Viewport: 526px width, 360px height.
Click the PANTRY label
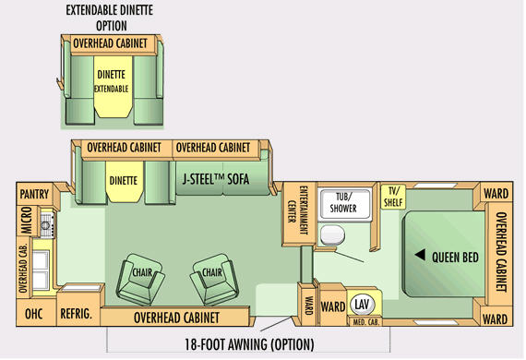(x=34, y=194)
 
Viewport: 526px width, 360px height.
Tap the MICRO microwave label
(x=27, y=220)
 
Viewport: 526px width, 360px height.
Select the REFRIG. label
(x=76, y=314)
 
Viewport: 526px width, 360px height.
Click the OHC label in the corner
(x=33, y=314)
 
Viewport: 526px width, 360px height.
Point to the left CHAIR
(x=140, y=279)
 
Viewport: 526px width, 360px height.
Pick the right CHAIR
(x=215, y=279)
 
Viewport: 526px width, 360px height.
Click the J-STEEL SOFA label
(x=216, y=179)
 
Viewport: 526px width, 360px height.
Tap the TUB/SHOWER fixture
(x=345, y=203)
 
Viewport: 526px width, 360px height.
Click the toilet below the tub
(x=332, y=234)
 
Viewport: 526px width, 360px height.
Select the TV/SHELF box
(x=393, y=197)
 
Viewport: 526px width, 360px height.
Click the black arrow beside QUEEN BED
(x=420, y=255)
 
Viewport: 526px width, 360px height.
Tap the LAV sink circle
(x=362, y=305)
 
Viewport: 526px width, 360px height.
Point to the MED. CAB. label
(x=365, y=322)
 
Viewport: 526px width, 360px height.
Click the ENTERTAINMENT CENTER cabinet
(x=299, y=214)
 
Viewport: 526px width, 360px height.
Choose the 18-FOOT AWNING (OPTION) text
(x=249, y=344)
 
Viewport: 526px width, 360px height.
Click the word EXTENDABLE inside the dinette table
(x=111, y=89)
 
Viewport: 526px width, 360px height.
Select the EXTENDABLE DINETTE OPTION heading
(x=110, y=18)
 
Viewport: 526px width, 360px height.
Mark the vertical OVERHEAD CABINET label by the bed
(x=501, y=252)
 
